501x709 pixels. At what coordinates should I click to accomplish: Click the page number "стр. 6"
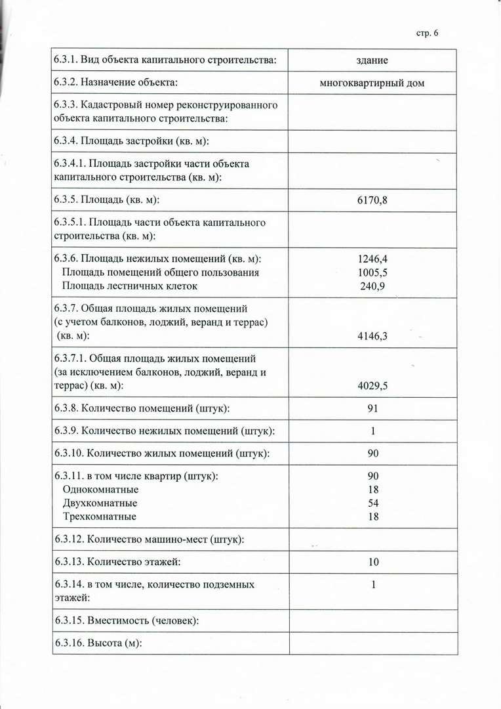coord(427,33)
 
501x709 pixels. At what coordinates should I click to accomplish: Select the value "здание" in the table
coord(372,60)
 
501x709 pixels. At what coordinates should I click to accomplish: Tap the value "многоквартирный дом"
coord(372,83)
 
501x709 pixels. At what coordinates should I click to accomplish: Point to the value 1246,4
coord(372,258)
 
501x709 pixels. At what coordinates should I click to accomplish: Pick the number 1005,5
coord(372,272)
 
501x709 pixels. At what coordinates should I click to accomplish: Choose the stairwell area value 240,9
coord(372,286)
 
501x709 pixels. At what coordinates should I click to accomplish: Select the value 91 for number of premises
coord(372,408)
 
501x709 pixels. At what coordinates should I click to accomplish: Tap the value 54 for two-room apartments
coord(373,503)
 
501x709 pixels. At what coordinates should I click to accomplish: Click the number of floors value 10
coord(373,562)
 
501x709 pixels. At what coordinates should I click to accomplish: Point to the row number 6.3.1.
coord(66,60)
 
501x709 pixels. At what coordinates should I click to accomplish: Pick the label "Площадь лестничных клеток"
coord(129,286)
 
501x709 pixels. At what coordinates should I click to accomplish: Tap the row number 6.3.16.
coord(69,643)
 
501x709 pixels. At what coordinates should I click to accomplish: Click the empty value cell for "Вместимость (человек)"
coord(373,620)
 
